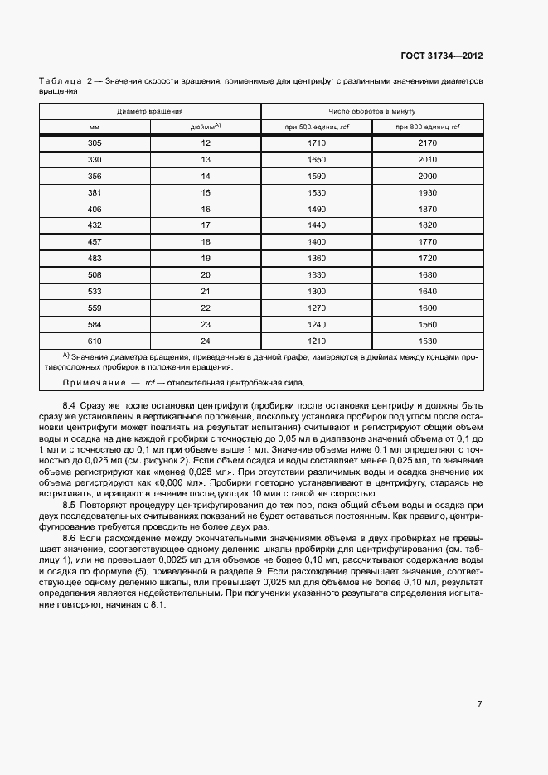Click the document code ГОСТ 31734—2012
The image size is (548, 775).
[x=441, y=56]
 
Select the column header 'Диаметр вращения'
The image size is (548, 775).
[x=150, y=111]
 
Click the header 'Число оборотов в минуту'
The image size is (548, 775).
[x=371, y=111]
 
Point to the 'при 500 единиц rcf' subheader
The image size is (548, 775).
[x=317, y=127]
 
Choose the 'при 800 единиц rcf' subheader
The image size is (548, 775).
[x=427, y=127]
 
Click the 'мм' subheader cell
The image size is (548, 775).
[x=95, y=127]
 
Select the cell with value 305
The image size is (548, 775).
[x=95, y=143]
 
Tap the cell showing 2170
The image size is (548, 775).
[x=427, y=143]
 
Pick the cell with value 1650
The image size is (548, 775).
[x=317, y=159]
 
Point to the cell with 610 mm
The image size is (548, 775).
[x=95, y=340]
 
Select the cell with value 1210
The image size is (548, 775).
[x=317, y=340]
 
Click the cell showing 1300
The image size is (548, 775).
[x=317, y=291]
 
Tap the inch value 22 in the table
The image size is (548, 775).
[x=206, y=308]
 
